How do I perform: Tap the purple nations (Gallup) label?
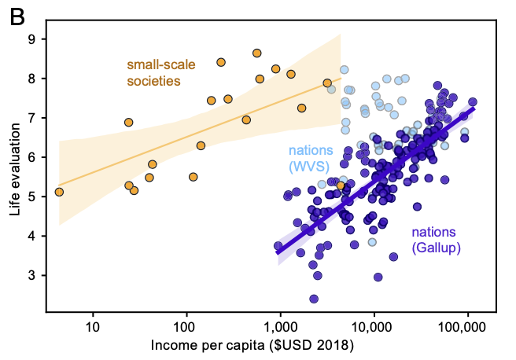pyautogui.click(x=436, y=240)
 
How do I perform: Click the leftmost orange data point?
pyautogui.click(x=59, y=192)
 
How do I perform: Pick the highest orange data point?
pyautogui.click(x=256, y=53)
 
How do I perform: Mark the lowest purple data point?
pyautogui.click(x=314, y=299)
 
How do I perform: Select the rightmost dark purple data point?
pyautogui.click(x=473, y=102)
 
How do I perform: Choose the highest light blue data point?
pyautogui.click(x=344, y=70)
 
